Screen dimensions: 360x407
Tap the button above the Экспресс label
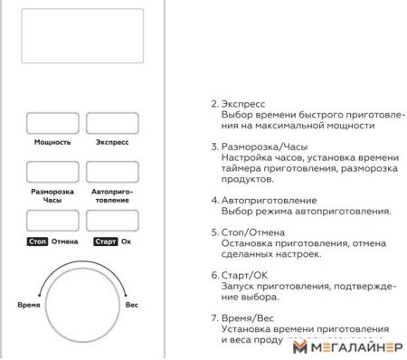click(x=111, y=124)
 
